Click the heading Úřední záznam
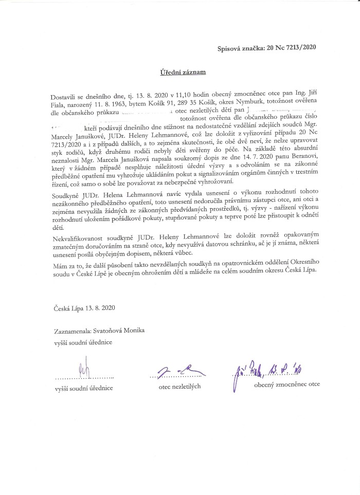(182, 72)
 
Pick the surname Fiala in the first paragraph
(62, 103)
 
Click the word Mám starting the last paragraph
(59, 261)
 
